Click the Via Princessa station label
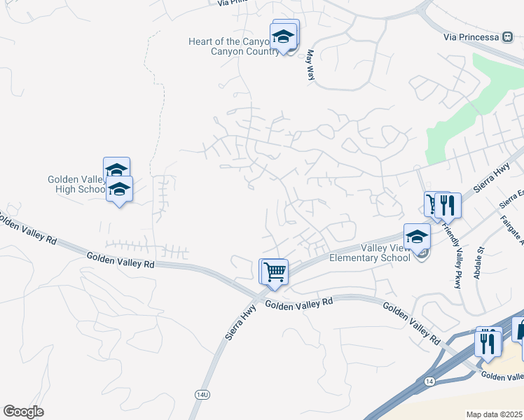tap(471, 36)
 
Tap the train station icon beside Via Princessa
tap(509, 36)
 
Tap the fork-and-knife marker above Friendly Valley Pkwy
tap(448, 205)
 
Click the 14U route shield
tap(202, 395)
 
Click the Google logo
tap(23, 412)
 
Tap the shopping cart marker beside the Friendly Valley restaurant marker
tap(434, 204)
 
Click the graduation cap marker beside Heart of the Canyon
tap(283, 37)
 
